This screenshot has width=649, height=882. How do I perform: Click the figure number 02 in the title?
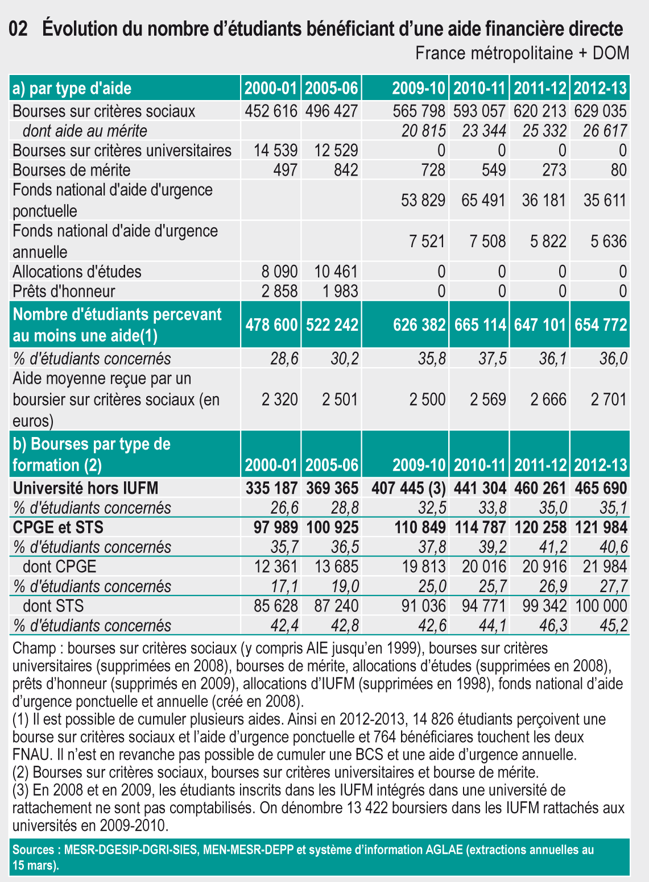click(x=19, y=29)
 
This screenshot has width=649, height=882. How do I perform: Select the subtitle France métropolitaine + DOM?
click(x=522, y=53)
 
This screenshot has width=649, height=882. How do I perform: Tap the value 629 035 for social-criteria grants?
click(x=600, y=111)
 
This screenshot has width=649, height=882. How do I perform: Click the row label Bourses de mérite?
click(x=72, y=170)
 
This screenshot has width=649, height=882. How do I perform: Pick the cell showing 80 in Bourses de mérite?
click(x=619, y=170)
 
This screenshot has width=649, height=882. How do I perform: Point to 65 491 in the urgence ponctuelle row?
click(x=483, y=200)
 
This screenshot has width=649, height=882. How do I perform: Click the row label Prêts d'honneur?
click(x=64, y=291)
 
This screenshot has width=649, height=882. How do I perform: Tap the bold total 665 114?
click(x=480, y=324)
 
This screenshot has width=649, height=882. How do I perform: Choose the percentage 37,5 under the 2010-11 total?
click(x=493, y=359)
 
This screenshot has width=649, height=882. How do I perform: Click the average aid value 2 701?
click(x=608, y=399)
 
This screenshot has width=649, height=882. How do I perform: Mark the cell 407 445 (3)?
click(x=408, y=488)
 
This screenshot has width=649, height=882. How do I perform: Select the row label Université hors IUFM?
click(x=85, y=488)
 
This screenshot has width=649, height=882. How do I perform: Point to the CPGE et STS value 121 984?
click(x=601, y=527)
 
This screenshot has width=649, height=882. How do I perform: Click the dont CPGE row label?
click(x=59, y=567)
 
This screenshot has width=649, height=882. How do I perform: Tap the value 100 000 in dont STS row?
click(x=601, y=606)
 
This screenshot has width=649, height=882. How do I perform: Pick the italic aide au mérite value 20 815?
click(x=423, y=131)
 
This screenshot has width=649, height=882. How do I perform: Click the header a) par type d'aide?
click(x=72, y=88)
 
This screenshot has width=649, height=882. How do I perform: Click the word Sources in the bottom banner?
click(x=33, y=850)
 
